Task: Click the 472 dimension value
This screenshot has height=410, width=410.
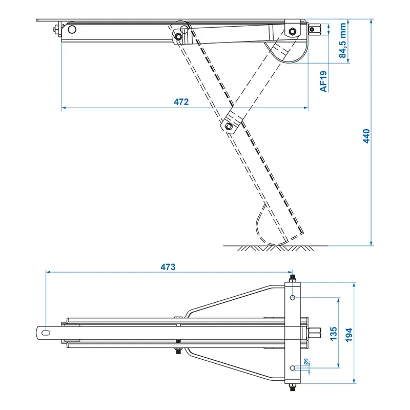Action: point(181,102)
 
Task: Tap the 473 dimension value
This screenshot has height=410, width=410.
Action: point(168,267)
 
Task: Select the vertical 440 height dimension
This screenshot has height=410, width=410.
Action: point(366,135)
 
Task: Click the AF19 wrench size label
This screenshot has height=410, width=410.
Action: point(323,81)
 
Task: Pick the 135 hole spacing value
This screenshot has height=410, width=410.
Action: point(334,333)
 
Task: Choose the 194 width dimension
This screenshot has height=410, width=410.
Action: point(350,333)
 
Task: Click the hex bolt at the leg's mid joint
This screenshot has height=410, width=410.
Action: point(229,126)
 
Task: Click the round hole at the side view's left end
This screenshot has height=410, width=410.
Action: point(72,29)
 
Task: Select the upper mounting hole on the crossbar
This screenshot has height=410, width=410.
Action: point(292,298)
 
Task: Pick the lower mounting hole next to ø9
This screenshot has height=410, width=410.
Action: point(292,367)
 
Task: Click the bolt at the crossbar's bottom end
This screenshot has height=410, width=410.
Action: point(292,387)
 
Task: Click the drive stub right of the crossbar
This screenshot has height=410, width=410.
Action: point(314,333)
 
